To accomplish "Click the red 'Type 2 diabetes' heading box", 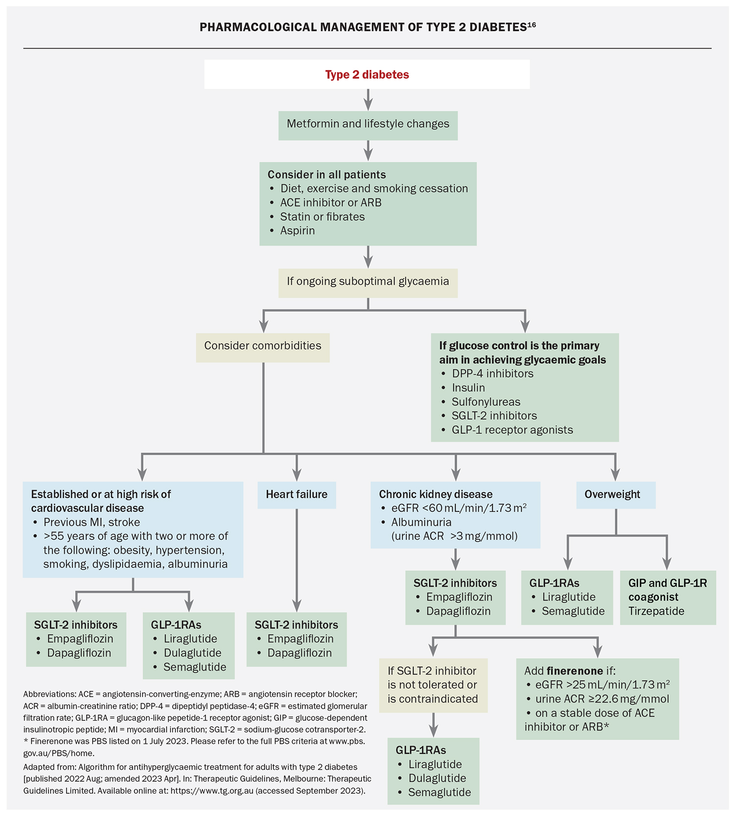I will [x=367, y=75].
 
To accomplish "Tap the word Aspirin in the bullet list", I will [x=297, y=230].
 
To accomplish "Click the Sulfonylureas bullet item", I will [x=486, y=402].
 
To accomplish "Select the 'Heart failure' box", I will [x=296, y=495].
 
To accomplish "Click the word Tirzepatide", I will [x=656, y=612].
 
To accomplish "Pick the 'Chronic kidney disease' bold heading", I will [x=436, y=495].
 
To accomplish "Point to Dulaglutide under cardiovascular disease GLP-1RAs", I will [x=192, y=653].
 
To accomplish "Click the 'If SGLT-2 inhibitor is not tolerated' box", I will [x=433, y=685].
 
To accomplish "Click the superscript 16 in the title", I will [x=532, y=24].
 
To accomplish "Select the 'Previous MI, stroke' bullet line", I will [x=92, y=522].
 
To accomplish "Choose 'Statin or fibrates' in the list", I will [x=322, y=217].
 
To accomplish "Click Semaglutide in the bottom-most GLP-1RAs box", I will [x=440, y=792].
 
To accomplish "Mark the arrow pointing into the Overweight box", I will [x=615, y=471].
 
